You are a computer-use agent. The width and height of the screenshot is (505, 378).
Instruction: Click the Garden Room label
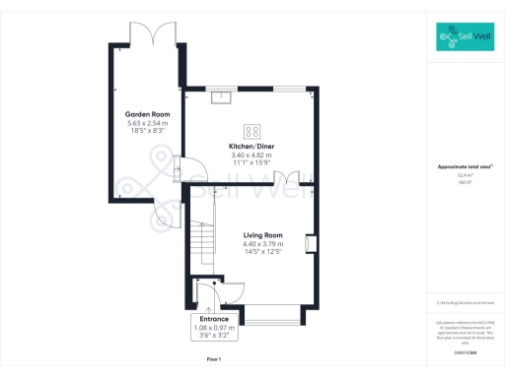pos(142,114)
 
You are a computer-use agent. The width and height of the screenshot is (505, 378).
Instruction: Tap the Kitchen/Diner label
pos(252,147)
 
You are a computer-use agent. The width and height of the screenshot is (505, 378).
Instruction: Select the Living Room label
pos(263,235)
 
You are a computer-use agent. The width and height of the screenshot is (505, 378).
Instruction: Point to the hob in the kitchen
pos(252,130)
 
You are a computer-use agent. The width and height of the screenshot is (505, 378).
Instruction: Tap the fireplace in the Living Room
pos(310,243)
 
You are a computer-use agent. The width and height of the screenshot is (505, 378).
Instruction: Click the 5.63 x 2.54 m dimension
pos(142,122)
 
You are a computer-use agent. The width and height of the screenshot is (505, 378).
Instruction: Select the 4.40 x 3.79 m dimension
pos(263,244)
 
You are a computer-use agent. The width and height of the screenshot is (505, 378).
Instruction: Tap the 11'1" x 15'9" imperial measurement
pos(252,162)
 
